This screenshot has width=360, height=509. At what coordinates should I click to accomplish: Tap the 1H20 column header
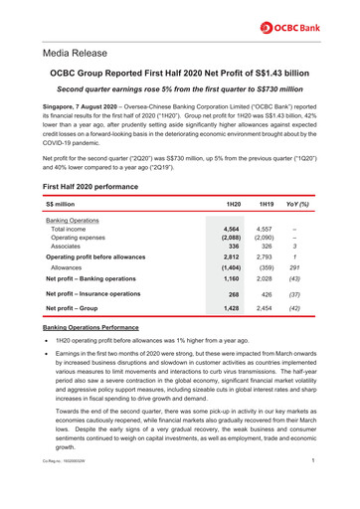click(234, 204)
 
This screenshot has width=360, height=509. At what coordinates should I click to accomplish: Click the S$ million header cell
click(66, 204)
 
